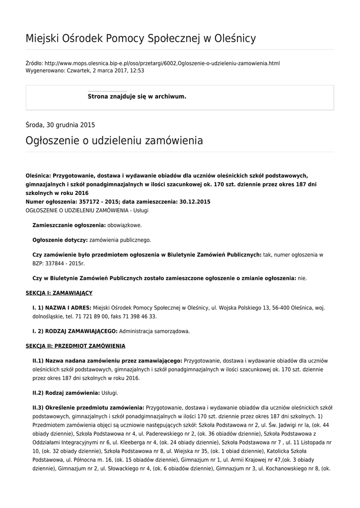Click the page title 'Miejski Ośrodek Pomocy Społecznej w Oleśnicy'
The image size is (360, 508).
coord(141,38)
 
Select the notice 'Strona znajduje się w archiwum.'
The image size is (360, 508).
coord(137,96)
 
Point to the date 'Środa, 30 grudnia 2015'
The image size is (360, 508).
coord(60,125)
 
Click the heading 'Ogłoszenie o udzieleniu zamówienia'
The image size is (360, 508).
coord(114,141)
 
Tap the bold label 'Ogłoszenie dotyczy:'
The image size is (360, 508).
coord(60,240)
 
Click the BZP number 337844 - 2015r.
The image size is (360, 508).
coord(59,263)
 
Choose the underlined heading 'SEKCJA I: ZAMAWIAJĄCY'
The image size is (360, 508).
coord(59,293)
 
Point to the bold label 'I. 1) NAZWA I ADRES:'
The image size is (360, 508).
coord(62,308)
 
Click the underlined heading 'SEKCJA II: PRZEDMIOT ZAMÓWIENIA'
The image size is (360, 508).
coord(75,346)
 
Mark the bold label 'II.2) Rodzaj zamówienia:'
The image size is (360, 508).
coord(66,393)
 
